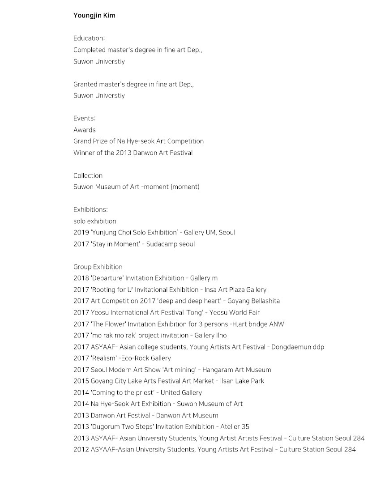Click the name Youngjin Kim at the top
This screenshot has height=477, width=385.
coord(94,16)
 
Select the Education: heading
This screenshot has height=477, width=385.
coord(89,38)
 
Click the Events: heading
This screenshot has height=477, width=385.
coord(84,119)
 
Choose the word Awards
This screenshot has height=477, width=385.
coord(84,130)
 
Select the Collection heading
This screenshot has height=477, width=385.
coord(88,175)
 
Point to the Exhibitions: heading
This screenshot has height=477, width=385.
coord(90,210)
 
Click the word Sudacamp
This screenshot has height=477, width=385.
coord(162,244)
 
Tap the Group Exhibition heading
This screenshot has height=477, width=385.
coord(98,267)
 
